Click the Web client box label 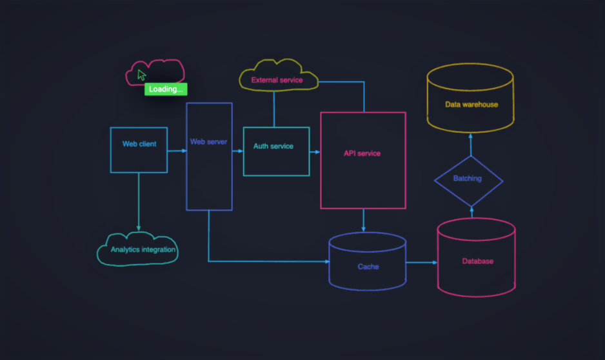pyautogui.click(x=139, y=144)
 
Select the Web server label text pyautogui.click(x=208, y=141)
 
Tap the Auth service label pyautogui.click(x=273, y=146)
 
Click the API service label pyautogui.click(x=362, y=154)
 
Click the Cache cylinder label pyautogui.click(x=368, y=266)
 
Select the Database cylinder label pyautogui.click(x=477, y=261)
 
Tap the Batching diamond pyautogui.click(x=468, y=179)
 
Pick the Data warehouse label pyautogui.click(x=471, y=105)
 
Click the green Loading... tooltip pyautogui.click(x=166, y=89)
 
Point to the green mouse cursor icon pyautogui.click(x=141, y=74)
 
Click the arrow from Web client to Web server pyautogui.click(x=177, y=151)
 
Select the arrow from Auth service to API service pyautogui.click(x=315, y=152)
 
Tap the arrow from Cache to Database pyautogui.click(x=422, y=263)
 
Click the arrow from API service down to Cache pyautogui.click(x=364, y=221)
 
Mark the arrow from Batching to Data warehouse pyautogui.click(x=470, y=145)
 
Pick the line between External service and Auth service pyautogui.click(x=274, y=108)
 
